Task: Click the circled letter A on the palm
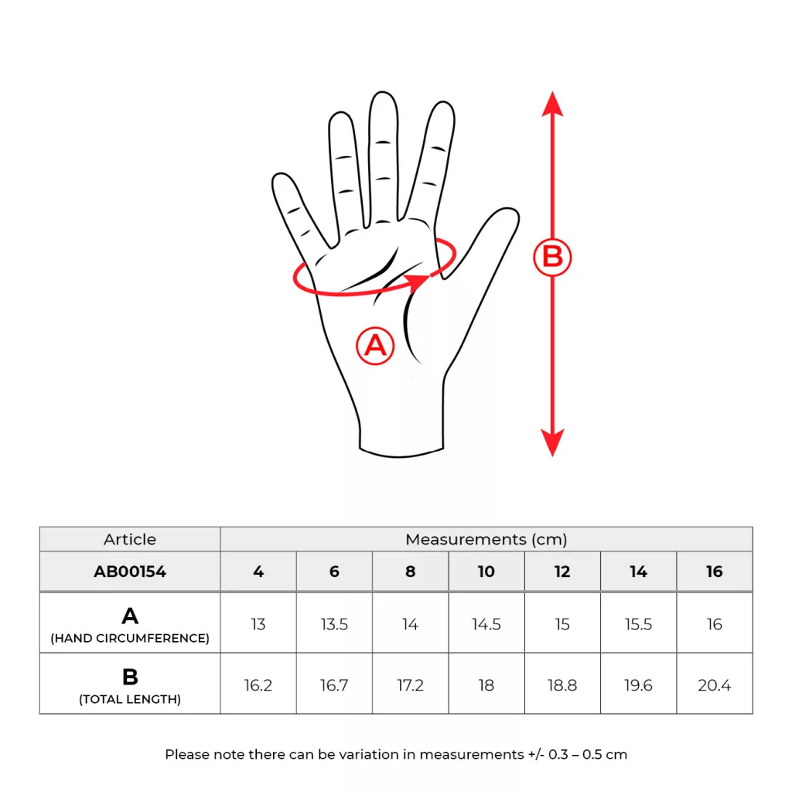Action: tap(375, 346)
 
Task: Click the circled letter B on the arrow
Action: tap(552, 257)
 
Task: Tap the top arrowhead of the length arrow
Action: tap(552, 104)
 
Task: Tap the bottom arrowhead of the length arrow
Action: tap(552, 443)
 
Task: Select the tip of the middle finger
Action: tap(382, 94)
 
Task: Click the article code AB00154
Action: tap(130, 572)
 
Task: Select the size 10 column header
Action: tap(486, 572)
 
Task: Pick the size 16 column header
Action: tap(714, 572)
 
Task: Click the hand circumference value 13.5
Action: tap(334, 624)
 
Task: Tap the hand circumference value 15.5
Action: tap(638, 624)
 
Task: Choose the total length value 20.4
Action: tap(714, 685)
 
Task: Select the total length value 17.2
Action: tap(410, 685)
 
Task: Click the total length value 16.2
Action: tap(258, 685)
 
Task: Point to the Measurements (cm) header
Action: tap(486, 539)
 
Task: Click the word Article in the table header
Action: tap(130, 539)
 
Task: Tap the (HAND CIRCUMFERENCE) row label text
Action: tap(130, 638)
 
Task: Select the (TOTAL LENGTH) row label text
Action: tap(130, 699)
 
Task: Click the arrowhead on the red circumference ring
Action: tap(418, 282)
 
